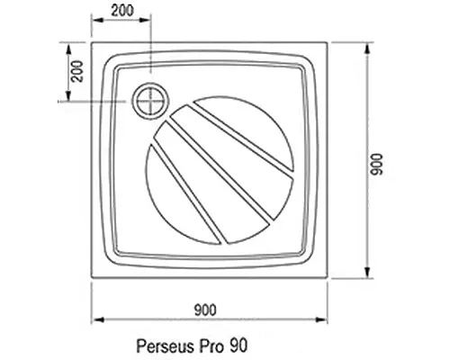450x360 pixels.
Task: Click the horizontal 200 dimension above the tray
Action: coord(124,12)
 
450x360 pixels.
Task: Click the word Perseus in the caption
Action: coord(162,345)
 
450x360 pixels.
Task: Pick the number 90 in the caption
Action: coord(237,345)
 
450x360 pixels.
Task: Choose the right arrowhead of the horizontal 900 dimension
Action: coord(324,319)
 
